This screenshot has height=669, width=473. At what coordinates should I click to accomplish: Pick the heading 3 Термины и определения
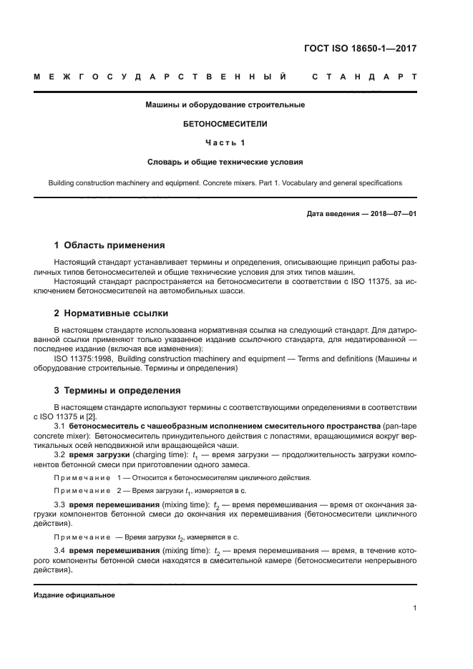[x=117, y=391]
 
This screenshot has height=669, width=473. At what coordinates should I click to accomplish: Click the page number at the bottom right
[x=414, y=610]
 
